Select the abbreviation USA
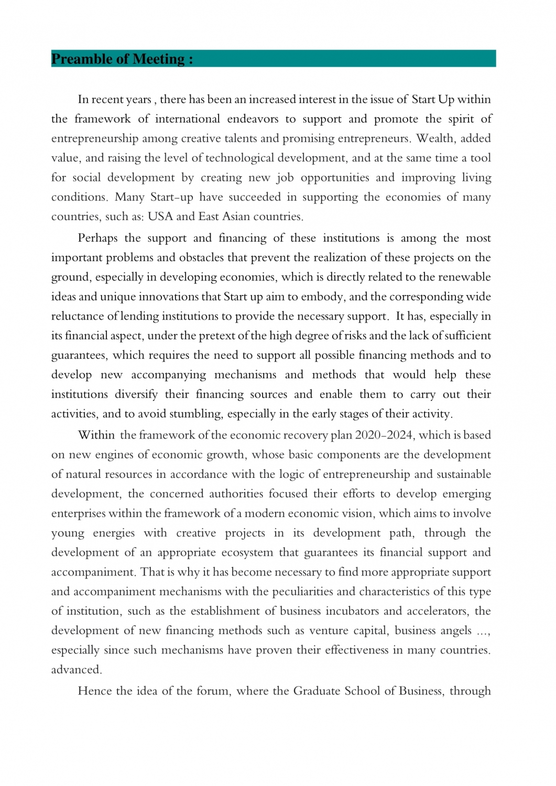tap(160, 216)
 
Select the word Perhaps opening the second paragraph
tap(97, 238)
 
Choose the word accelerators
tap(436, 611)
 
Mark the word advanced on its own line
tap(76, 670)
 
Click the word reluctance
tap(78, 316)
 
